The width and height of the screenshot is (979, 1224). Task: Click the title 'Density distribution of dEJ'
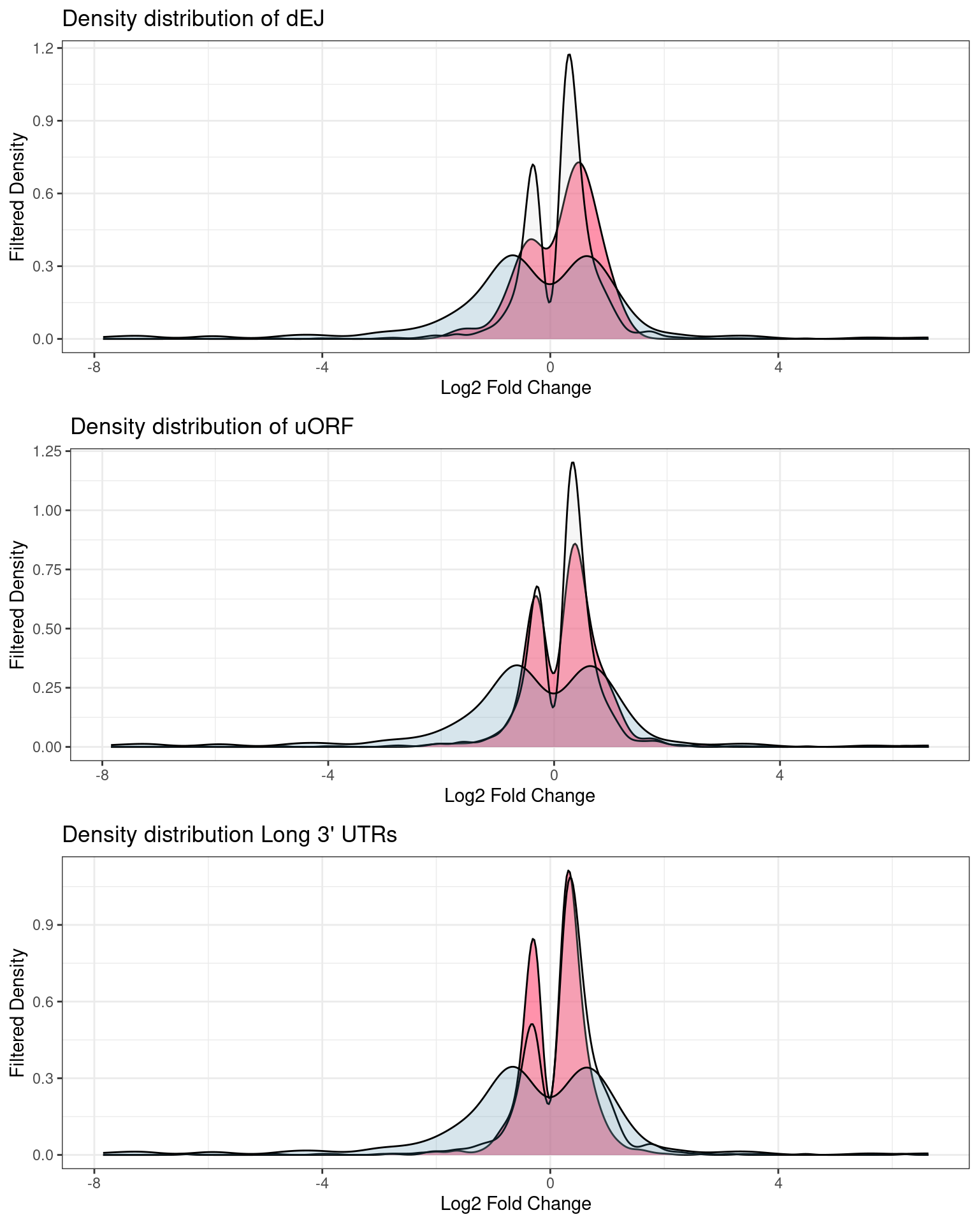tap(193, 19)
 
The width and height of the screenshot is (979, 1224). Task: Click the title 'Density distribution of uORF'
tap(212, 426)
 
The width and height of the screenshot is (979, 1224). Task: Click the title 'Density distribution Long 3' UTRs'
tap(229, 834)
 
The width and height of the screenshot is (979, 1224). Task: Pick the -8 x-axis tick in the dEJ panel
tap(94, 368)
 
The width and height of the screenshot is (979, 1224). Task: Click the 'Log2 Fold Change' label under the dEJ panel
tap(516, 388)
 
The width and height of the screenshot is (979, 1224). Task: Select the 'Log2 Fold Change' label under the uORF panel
tap(519, 796)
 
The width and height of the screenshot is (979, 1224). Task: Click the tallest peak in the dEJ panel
tap(569, 55)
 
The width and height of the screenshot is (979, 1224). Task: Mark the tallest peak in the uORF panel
tap(573, 462)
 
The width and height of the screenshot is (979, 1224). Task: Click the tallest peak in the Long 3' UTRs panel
tap(569, 871)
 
